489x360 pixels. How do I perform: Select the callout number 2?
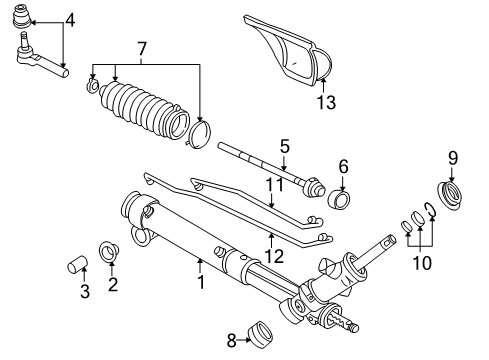112,285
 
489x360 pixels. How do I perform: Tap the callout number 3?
84,292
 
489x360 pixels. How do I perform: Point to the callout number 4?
69,19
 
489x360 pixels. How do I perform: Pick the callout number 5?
284,146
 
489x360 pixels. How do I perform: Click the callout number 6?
342,166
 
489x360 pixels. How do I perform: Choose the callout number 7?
142,49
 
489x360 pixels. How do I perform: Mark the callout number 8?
231,340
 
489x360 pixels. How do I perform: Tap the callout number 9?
451,157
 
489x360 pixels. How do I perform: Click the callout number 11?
270,186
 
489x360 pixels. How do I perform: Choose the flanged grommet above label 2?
110,250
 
